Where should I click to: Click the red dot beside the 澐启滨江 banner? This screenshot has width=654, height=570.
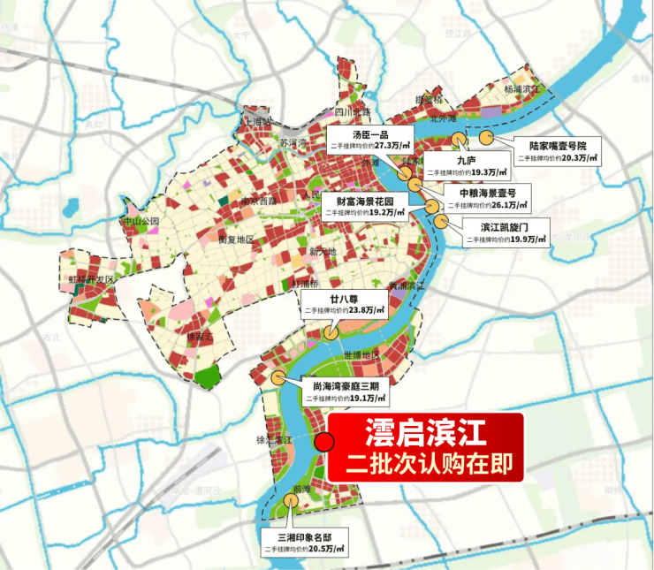pos(324,442)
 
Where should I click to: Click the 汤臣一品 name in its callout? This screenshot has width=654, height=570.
pos(370,133)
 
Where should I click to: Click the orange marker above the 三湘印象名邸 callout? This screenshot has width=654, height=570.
pos(293,500)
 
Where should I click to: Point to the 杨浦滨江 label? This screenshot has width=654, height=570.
pos(521,90)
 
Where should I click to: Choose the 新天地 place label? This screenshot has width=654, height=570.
pos(325,253)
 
